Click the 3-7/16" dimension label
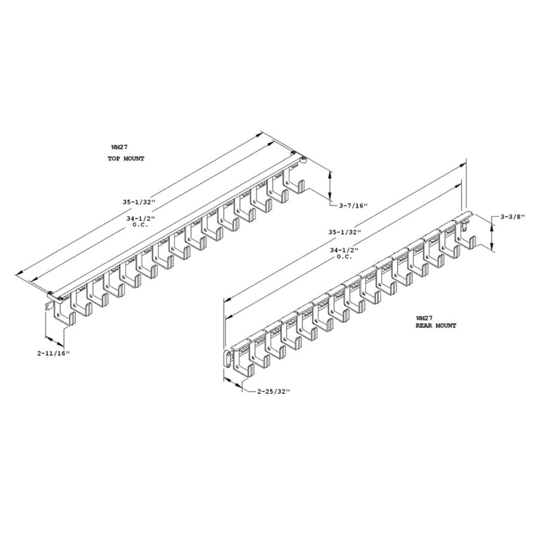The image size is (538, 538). coord(353,206)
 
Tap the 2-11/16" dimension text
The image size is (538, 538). coord(54,353)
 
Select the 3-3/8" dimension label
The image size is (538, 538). coord(513,216)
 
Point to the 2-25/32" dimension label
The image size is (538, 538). coord(273,391)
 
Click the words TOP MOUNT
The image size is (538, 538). coord(126,158)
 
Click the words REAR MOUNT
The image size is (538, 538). coord(436,325)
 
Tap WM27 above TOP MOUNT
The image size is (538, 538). coord(120,147)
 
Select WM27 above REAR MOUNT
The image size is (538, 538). coord(424,318)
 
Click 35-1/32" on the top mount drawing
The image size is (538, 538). coord(139,202)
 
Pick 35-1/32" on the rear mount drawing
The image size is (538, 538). coord(344,232)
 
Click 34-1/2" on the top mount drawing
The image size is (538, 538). coord(140,218)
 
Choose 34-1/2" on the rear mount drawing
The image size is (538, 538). coord(344,250)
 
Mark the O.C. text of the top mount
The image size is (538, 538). coord(140,225)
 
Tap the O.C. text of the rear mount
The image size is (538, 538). coord(344,256)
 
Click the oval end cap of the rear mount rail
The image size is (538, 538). coord(227,359)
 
